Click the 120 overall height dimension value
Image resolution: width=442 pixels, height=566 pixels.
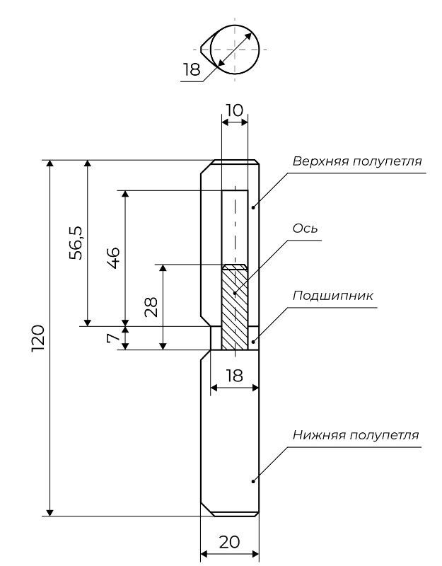tap(38, 338)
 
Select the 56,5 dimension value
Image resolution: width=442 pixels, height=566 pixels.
tap(76, 243)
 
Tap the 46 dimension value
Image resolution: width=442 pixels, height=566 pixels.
tap(113, 258)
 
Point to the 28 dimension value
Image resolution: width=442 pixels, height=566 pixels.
tap(151, 307)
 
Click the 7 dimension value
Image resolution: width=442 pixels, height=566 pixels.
tap(113, 338)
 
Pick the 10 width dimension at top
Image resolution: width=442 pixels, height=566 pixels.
tap(235, 110)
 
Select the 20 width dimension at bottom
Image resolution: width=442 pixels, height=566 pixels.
tap(229, 542)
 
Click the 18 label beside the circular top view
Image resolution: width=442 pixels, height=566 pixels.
tap(191, 69)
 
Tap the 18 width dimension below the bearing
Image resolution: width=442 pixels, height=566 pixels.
tap(235, 376)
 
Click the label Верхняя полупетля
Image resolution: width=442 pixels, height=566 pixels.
tap(357, 161)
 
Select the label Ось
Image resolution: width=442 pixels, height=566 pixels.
tap(305, 229)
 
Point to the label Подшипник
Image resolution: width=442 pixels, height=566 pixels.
tap(332, 296)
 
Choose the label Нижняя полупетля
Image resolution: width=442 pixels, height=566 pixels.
tap(356, 435)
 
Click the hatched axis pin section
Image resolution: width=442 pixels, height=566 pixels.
tap(235, 307)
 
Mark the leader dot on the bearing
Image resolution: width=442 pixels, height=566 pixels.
tap(253, 342)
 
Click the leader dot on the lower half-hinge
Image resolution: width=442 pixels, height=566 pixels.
tap(253, 481)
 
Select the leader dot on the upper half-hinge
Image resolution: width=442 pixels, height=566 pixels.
tap(253, 207)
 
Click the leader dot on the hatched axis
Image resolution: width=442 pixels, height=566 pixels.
tap(235, 293)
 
